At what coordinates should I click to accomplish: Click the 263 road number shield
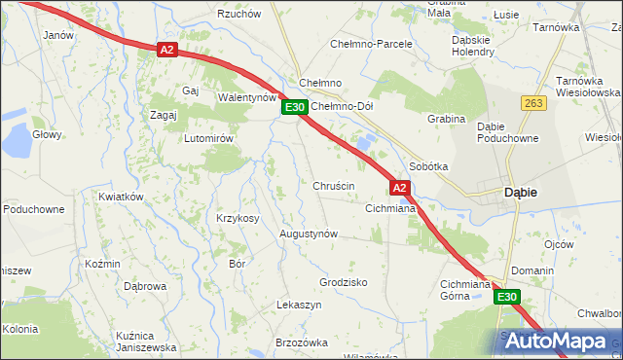coord(532,103)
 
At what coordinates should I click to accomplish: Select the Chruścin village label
coord(333,185)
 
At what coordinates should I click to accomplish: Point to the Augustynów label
coord(308,234)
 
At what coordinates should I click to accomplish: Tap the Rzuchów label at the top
coord(238,14)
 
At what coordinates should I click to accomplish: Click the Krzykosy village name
coord(238,218)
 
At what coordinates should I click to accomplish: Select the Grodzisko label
coord(343,282)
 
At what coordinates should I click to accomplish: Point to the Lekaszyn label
coord(299,305)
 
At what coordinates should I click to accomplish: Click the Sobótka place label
coord(428,166)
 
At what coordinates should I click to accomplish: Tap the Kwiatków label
coord(121,197)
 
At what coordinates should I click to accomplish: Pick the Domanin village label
coord(532,270)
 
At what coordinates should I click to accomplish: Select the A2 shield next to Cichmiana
coord(400,186)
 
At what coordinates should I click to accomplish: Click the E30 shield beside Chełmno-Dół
coord(296,107)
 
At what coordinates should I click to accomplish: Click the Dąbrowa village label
coord(145,286)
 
